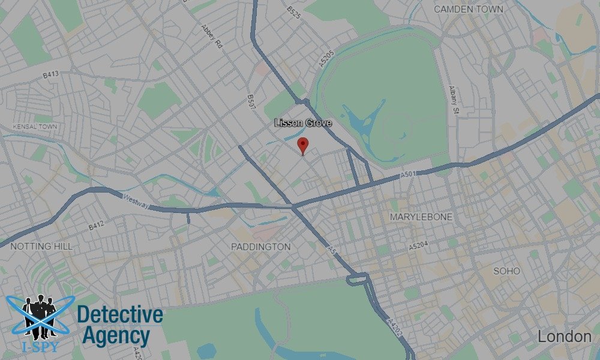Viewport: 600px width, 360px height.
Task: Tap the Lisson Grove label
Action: [x=303, y=123]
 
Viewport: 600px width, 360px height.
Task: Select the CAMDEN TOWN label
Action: [x=468, y=9]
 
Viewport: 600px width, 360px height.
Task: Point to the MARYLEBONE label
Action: [x=421, y=217]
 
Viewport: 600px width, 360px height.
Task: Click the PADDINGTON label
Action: [x=260, y=247]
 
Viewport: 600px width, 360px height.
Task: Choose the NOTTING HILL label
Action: [x=41, y=247]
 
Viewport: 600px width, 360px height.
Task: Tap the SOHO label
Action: [x=506, y=271]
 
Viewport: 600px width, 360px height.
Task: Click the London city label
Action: [x=564, y=337]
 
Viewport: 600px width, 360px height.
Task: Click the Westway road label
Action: [x=136, y=202]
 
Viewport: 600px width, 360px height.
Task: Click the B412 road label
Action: [x=97, y=226]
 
